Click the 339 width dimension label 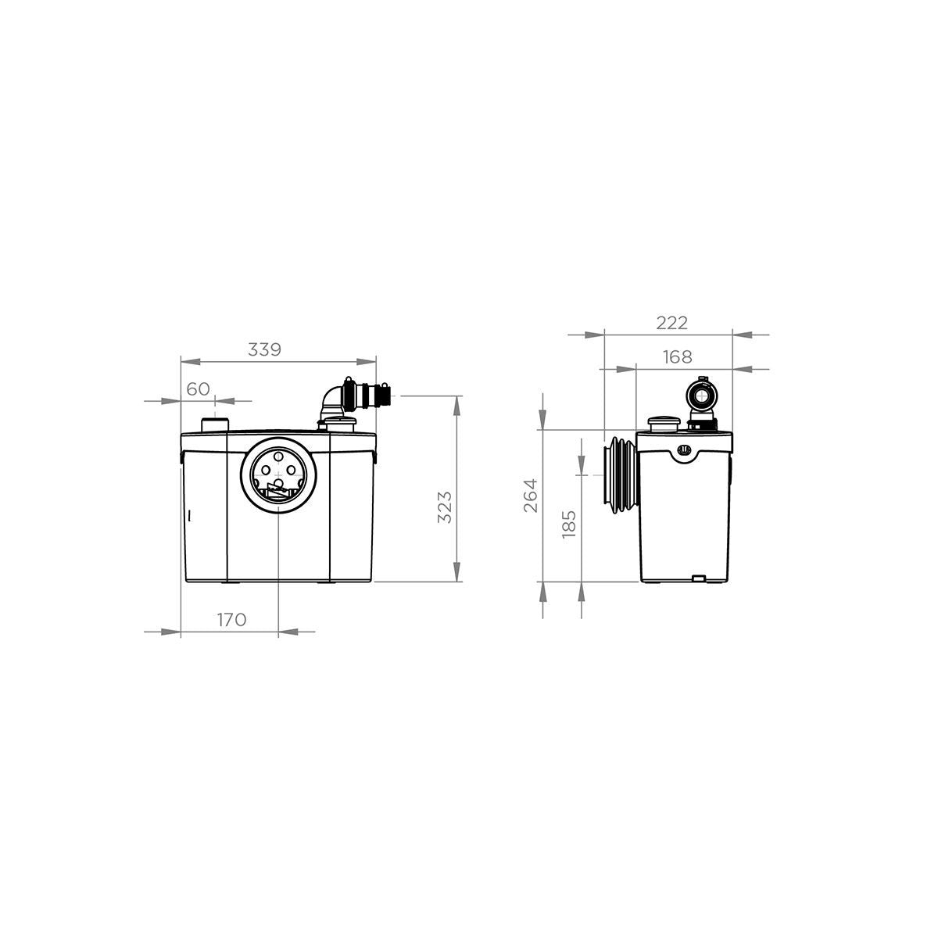[x=264, y=349]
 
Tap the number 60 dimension [x=198, y=389]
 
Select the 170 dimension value [x=231, y=620]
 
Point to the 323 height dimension [x=445, y=507]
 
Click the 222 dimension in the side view [x=671, y=323]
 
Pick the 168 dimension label [x=677, y=356]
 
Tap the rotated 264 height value [x=531, y=496]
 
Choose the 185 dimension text [x=569, y=524]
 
